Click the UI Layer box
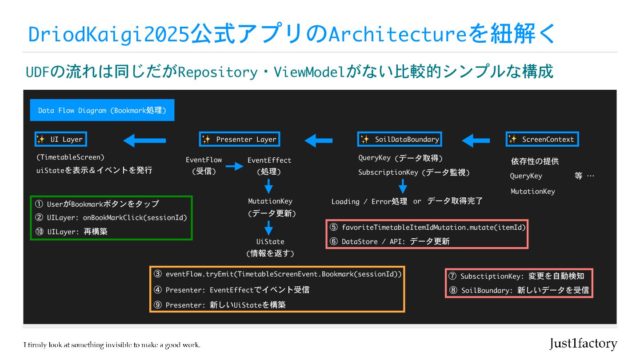pos(61,140)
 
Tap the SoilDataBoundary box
pos(400,140)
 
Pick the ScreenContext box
pos(542,140)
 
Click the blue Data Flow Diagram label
pos(102,110)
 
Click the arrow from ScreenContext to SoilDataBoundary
pos(476,141)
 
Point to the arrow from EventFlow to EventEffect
pos(234,167)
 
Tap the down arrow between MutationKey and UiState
pos(268,228)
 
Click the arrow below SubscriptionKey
pos(403,186)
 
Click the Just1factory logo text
pos(583,344)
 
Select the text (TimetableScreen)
pos(70,157)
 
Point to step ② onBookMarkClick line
pos(111,218)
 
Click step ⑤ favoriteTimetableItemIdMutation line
pos(428,228)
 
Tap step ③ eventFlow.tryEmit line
pos(278,274)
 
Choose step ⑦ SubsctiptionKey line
pos(516,276)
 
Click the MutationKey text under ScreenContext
pos(532,192)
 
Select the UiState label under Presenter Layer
pos(270,242)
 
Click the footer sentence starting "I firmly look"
pos(112,345)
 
